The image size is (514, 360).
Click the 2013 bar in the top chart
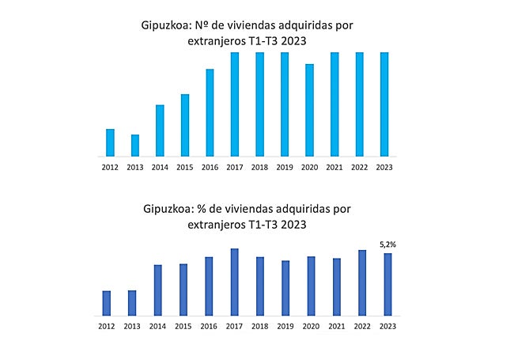tap(135, 146)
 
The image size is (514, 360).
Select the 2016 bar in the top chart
tap(210, 112)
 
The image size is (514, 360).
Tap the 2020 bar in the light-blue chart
tap(309, 110)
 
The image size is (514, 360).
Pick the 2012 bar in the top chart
tap(111, 142)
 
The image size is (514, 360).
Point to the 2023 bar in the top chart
tap(384, 104)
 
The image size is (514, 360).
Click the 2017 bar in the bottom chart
tap(235, 282)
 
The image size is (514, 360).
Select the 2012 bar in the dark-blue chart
tap(107, 303)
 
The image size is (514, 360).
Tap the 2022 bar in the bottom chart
tap(361, 283)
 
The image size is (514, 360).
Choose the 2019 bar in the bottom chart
tap(285, 288)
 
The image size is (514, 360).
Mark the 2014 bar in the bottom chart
tap(157, 290)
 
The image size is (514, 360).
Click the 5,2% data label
tap(387, 245)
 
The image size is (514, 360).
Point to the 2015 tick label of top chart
tap(184, 167)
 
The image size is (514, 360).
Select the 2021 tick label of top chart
tap(334, 167)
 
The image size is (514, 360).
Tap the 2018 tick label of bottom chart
tap(259, 326)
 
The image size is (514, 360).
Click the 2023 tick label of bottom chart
tap(387, 326)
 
